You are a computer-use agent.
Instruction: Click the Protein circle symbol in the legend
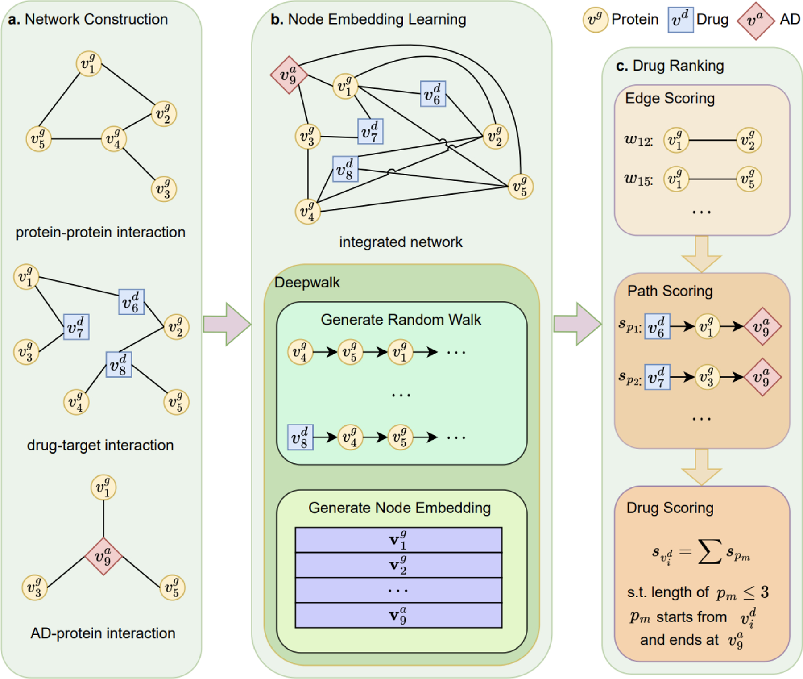click(x=595, y=20)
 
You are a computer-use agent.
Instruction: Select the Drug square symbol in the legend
click(x=680, y=20)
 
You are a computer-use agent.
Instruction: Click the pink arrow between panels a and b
click(x=227, y=324)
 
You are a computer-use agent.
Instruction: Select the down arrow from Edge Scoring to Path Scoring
click(x=701, y=254)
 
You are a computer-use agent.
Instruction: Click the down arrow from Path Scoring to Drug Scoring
click(x=701, y=467)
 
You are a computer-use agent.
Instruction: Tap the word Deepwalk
click(x=307, y=283)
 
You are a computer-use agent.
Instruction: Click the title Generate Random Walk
click(x=401, y=320)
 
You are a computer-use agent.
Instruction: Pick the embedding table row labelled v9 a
click(x=398, y=615)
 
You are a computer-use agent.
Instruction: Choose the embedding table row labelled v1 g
click(x=398, y=540)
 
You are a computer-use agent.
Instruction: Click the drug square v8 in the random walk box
click(x=300, y=437)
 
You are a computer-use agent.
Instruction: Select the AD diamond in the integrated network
click(x=289, y=75)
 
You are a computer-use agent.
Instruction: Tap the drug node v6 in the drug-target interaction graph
click(x=131, y=302)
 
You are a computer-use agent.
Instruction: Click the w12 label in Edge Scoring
click(x=638, y=141)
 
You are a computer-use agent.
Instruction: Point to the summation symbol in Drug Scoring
click(x=709, y=552)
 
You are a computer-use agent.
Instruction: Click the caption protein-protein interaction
click(x=100, y=232)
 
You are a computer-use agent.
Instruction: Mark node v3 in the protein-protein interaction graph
click(x=164, y=189)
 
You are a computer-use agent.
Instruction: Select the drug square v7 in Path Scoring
click(x=657, y=377)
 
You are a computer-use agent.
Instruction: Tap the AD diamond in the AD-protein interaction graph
click(x=103, y=557)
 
